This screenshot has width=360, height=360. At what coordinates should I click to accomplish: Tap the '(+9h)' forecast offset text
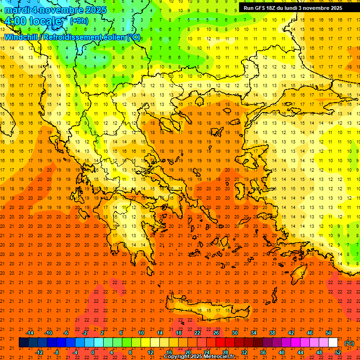(78, 21)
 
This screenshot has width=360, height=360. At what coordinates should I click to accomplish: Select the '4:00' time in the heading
(14, 21)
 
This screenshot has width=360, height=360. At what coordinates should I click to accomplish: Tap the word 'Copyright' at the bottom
(177, 357)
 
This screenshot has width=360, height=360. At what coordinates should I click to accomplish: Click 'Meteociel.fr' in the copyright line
(218, 357)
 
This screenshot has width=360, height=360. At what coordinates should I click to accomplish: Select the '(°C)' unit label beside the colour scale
(349, 343)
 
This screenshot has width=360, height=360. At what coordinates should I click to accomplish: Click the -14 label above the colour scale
(30, 333)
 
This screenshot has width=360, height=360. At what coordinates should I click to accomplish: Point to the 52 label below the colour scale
(338, 352)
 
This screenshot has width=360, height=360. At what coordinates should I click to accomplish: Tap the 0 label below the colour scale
(93, 352)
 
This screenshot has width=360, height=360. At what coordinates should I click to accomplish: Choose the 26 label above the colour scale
(216, 333)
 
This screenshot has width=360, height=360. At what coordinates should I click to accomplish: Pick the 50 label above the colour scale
(329, 333)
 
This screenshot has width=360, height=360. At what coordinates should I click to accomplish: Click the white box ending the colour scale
(333, 343)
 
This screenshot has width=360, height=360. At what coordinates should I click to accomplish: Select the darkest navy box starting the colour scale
(24, 343)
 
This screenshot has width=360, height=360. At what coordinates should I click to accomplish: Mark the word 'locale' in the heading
(45, 21)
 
